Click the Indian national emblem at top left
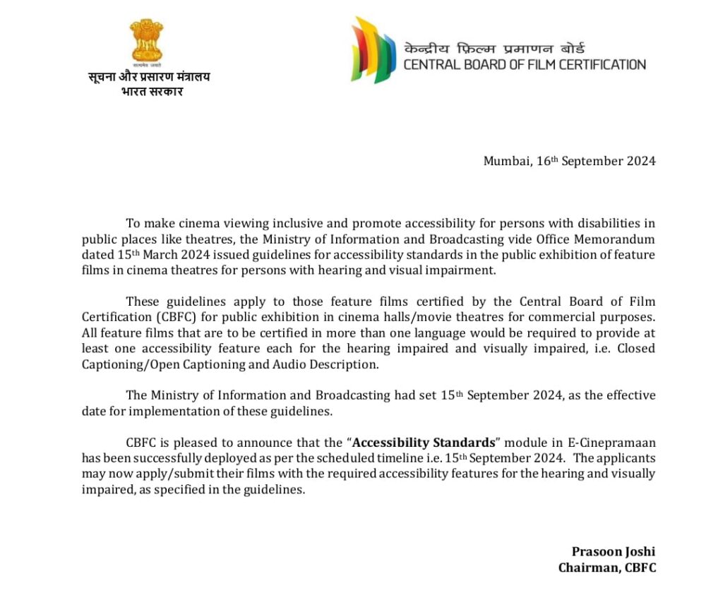[x=146, y=41]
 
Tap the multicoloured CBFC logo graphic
[x=374, y=50]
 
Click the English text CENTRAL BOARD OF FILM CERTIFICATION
[x=525, y=65]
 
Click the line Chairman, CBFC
[x=607, y=568]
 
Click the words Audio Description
[x=342, y=364]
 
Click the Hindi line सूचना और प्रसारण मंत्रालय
[x=149, y=77]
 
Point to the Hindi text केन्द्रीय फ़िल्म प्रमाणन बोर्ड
[x=494, y=49]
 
